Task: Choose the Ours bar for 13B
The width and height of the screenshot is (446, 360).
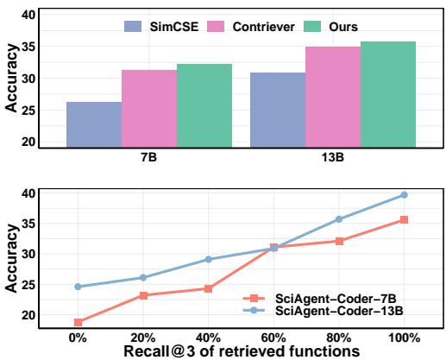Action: pyautogui.click(x=388, y=94)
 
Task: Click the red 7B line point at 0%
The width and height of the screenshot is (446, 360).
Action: pyautogui.click(x=78, y=322)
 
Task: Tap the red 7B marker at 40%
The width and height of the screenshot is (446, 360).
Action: pyautogui.click(x=208, y=288)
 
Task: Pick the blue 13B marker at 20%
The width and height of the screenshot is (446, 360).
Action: pyautogui.click(x=143, y=277)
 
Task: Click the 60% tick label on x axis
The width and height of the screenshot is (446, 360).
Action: pyautogui.click(x=273, y=337)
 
